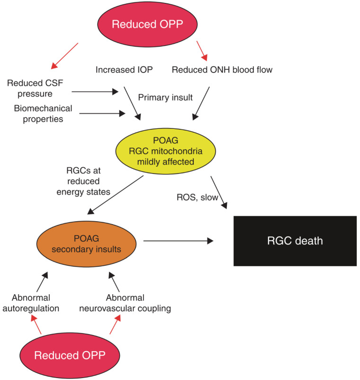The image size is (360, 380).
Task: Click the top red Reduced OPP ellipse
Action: (140, 24)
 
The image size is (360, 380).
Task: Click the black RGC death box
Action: (294, 241)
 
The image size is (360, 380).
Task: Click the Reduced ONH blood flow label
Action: (222, 70)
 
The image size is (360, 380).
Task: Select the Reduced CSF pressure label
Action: (36, 88)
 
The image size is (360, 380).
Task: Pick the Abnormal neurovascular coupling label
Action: (138, 302)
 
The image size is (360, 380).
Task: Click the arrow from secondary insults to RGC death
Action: (178, 241)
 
